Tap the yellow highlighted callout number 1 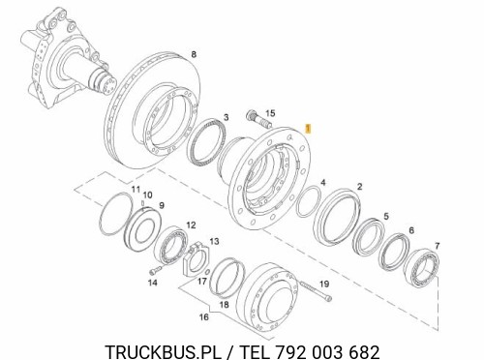coord(308,127)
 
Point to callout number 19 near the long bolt coord(324,284)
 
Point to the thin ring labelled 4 coord(310,205)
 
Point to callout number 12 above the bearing coord(191,225)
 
